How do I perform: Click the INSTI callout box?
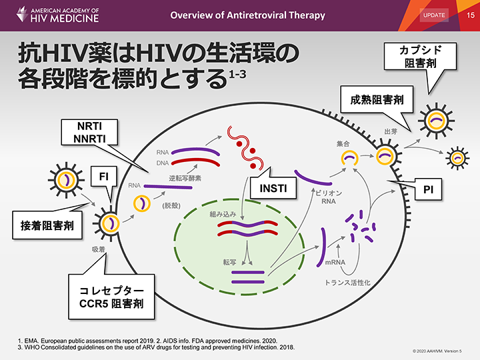pos(273,188)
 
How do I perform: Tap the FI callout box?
pos(104,177)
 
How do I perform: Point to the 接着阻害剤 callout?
pos(46,227)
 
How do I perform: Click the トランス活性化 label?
pos(347,283)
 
